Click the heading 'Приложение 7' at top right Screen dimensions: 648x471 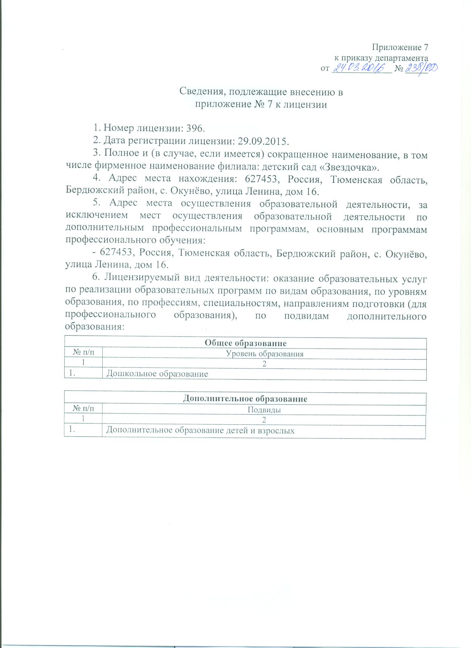coord(400,47)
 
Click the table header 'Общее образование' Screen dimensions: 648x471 coord(246,343)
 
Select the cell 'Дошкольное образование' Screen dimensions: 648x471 coord(157,374)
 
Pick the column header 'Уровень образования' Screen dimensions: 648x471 coord(264,354)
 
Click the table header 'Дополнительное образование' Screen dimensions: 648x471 coord(245,399)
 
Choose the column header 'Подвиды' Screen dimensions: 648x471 coord(264,410)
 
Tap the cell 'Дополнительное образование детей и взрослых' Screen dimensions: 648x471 coord(200,430)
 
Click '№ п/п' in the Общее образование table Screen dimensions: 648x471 coord(83,353)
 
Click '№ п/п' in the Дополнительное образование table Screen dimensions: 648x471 coord(83,409)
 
